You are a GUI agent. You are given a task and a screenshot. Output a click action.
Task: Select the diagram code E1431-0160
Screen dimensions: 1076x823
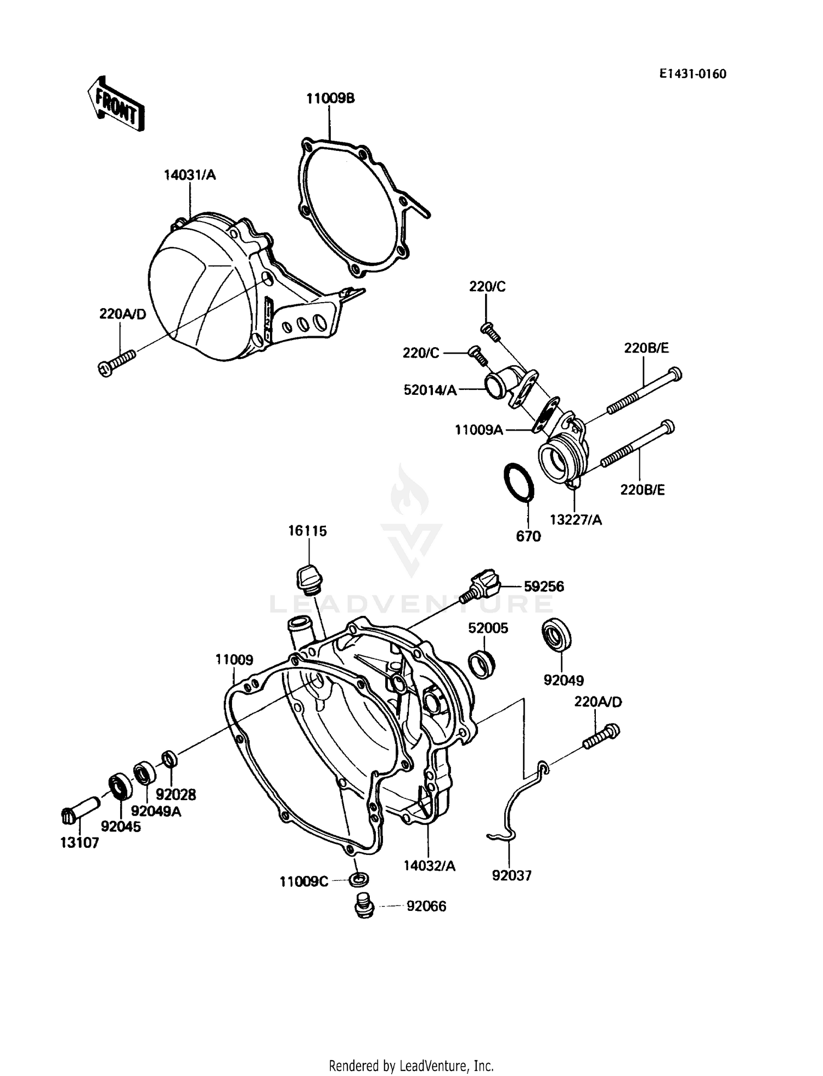coord(692,74)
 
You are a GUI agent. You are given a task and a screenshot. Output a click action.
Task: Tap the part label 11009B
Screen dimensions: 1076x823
coord(330,99)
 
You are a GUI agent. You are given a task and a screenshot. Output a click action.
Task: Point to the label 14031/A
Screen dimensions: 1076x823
coord(190,175)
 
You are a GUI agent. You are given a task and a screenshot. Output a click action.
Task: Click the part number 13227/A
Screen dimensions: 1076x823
coord(576,520)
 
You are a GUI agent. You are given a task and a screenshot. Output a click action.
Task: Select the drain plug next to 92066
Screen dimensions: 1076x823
coord(363,906)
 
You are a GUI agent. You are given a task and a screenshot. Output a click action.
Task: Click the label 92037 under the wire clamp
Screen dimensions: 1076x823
coord(511,876)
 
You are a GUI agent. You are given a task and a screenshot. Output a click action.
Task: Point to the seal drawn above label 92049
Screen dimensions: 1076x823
coord(556,635)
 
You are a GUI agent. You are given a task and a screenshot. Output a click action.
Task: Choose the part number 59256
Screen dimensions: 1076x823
coord(543,586)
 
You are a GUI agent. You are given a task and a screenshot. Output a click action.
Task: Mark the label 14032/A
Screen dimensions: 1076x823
coord(430,866)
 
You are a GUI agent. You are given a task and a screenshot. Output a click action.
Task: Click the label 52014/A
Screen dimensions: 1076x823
coord(430,390)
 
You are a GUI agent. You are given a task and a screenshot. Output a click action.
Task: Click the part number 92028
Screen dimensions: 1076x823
coord(176,795)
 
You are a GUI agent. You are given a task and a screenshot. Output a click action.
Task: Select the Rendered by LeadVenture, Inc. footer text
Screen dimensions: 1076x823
coord(411,1066)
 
